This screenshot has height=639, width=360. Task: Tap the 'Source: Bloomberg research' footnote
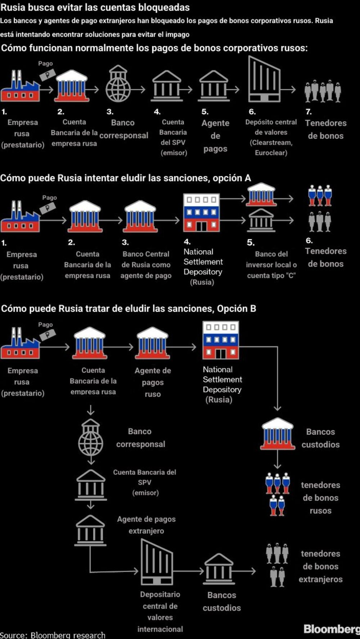pos(53,635)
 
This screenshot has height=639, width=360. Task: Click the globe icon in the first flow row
pos(118,83)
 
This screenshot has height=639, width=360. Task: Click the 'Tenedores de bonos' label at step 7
pos(326,129)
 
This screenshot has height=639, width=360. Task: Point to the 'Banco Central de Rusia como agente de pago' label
pos(146,265)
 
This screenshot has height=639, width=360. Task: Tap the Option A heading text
pos(126,178)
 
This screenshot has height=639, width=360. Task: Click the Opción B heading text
pos(129,309)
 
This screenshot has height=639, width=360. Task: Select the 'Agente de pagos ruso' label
pos(153,382)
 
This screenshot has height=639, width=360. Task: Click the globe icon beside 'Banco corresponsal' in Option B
pos(91,437)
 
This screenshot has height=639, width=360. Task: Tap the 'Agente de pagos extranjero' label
pos(146,525)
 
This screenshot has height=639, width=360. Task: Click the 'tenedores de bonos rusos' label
pos(320,498)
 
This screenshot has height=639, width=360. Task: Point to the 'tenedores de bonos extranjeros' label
pos(320,566)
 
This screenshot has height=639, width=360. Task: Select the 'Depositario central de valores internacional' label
pos(160,612)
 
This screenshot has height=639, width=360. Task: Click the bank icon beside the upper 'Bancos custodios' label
pos(277,434)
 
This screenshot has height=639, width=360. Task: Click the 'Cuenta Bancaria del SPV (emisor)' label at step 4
pos(173,137)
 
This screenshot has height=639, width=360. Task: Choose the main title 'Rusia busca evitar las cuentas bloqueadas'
pos(95,7)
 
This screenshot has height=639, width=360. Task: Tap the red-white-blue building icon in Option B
pos(221,340)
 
